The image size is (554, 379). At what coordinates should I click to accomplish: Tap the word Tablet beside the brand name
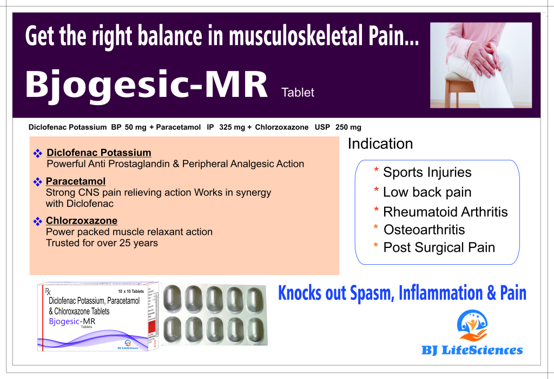(x=298, y=93)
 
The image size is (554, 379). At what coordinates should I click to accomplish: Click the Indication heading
(x=380, y=143)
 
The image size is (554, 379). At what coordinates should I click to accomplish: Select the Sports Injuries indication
(x=427, y=172)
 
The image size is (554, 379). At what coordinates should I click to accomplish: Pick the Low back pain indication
(x=427, y=192)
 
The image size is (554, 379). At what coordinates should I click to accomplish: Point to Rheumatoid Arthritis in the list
(x=445, y=212)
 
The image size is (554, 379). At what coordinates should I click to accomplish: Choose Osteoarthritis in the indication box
(x=424, y=230)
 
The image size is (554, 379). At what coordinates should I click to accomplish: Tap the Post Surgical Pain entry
(x=439, y=247)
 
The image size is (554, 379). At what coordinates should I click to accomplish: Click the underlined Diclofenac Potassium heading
(x=99, y=153)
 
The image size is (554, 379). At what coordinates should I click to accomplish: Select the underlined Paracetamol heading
(x=76, y=181)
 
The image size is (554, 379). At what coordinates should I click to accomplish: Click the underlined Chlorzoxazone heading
(x=82, y=220)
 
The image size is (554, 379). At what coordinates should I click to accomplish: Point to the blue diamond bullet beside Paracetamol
(x=37, y=182)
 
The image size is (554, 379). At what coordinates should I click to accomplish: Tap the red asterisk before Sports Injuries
(x=377, y=170)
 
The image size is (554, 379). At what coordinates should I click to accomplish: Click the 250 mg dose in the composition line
(x=348, y=127)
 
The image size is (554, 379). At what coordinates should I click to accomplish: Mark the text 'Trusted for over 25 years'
(x=102, y=243)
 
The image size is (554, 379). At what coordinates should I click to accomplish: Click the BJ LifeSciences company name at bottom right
(x=472, y=350)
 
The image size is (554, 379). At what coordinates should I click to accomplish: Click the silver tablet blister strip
(x=215, y=315)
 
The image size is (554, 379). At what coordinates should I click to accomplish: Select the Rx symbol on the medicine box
(x=48, y=291)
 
